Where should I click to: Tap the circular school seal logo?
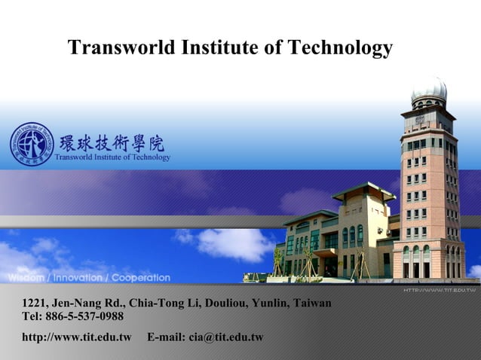(31, 144)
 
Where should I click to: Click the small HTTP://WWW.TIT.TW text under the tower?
(439, 289)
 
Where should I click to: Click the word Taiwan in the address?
(311, 304)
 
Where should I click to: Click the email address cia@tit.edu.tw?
(225, 336)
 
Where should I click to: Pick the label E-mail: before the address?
(166, 336)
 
